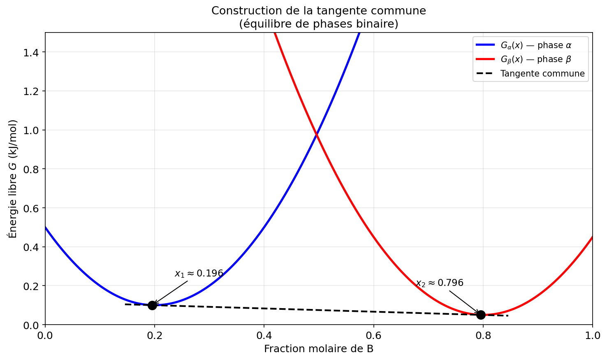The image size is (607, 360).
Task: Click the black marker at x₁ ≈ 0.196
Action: tap(152, 305)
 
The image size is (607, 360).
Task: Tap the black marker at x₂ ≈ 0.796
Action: tap(481, 315)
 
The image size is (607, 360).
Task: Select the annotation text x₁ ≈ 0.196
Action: tap(199, 274)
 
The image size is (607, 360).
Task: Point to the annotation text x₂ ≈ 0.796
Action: tap(439, 283)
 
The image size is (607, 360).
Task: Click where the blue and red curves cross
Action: tap(316, 134)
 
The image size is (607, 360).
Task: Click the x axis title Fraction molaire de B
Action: tap(319, 349)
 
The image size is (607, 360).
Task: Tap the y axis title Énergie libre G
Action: tap(13, 179)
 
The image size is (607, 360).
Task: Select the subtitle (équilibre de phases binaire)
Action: tap(319, 24)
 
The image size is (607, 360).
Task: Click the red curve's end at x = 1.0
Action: tap(592, 237)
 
